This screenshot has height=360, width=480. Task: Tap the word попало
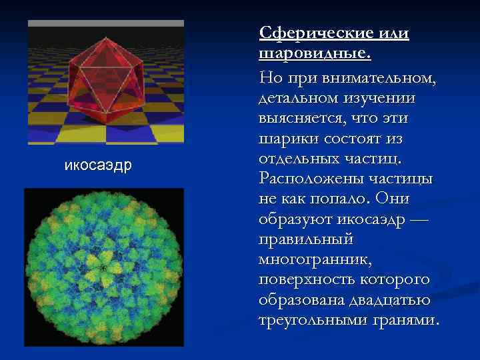[x=339, y=199]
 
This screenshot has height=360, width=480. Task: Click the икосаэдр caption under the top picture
[x=98, y=165]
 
